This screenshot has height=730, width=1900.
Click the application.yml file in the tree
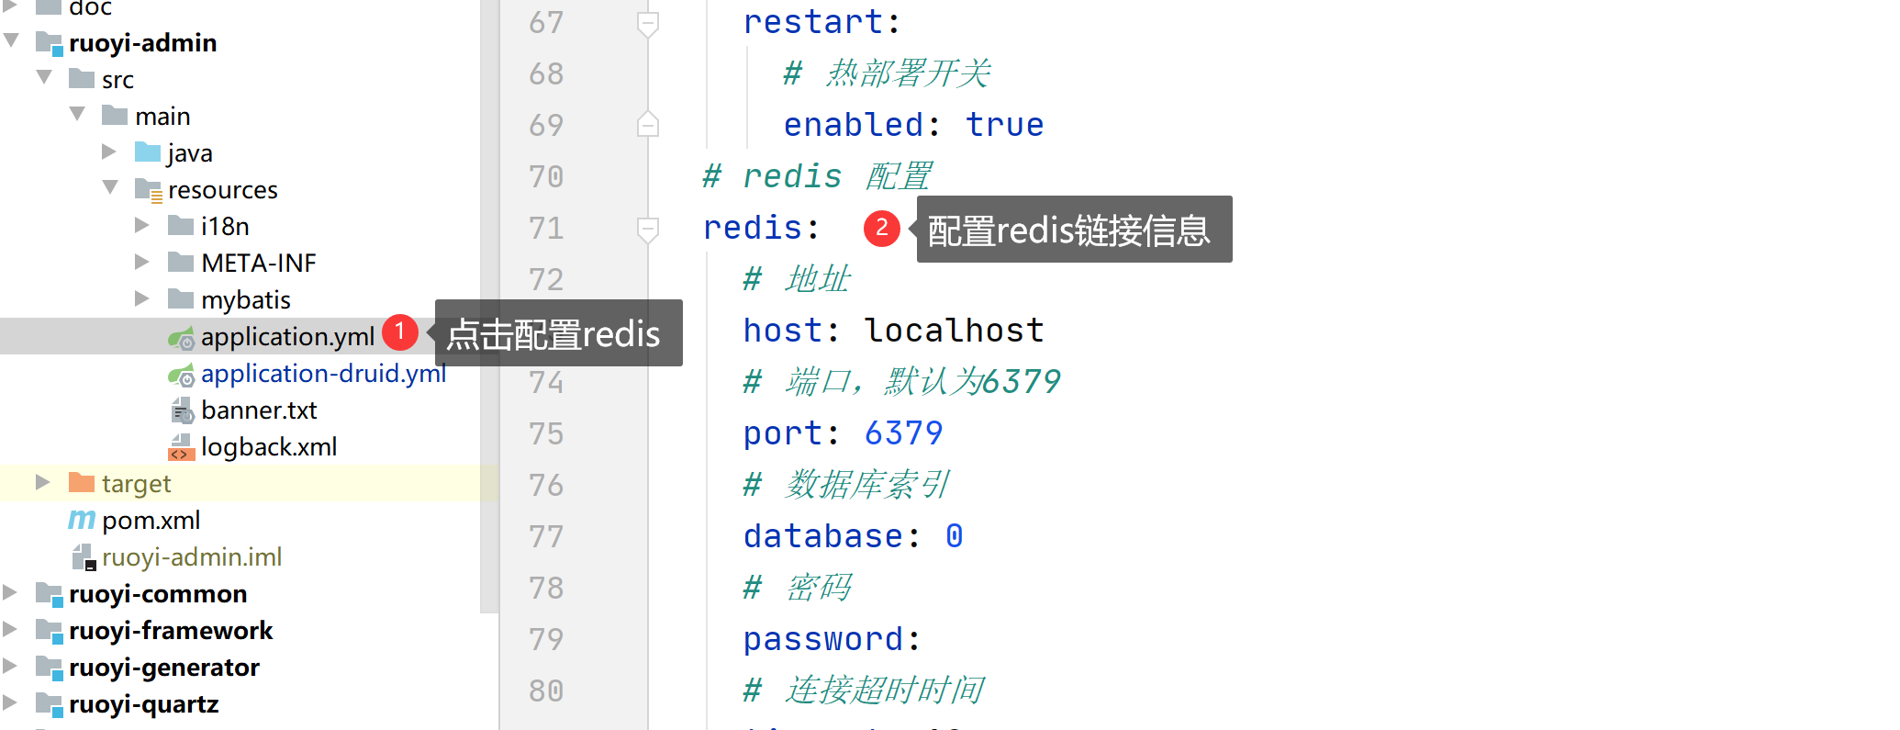point(287,337)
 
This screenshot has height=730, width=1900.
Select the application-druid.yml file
point(323,374)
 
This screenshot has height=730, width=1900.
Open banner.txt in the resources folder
point(259,410)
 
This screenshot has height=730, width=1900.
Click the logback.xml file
point(269,447)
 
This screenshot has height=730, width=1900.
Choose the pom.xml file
point(151,521)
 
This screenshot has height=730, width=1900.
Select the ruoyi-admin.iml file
point(192,557)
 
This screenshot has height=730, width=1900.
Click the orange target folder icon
point(82,482)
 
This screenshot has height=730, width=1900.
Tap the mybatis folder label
point(246,300)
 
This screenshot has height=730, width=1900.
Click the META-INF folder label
point(259,264)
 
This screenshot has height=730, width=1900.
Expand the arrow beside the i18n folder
point(141,225)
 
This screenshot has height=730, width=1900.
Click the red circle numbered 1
point(399,331)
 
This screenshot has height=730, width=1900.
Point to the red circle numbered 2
point(881,228)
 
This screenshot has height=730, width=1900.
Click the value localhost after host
point(955,331)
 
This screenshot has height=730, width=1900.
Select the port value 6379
point(904,433)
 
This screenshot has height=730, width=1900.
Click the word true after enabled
point(1005,125)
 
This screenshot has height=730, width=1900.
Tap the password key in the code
point(823,639)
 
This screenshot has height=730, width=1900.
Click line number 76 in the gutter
point(546,485)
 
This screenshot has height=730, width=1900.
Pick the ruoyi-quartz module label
point(144,704)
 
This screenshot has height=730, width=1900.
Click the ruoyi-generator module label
point(164,668)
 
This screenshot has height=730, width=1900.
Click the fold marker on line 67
point(648,23)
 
